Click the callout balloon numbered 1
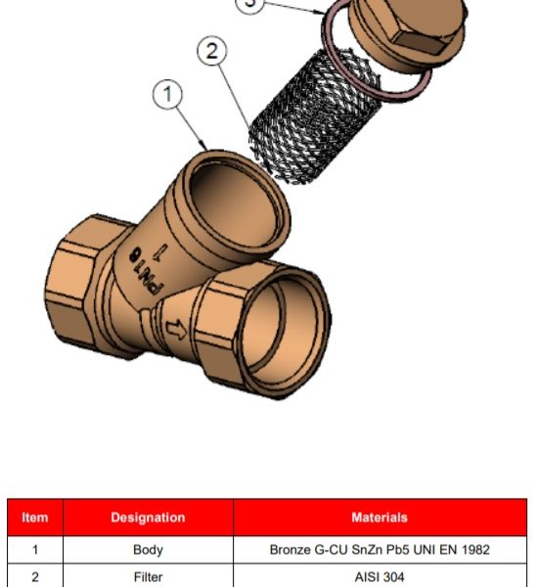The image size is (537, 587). click(167, 94)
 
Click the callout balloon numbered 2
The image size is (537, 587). click(212, 51)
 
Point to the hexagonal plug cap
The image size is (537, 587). click(408, 32)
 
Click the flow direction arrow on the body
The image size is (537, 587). click(176, 330)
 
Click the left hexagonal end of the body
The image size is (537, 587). click(76, 285)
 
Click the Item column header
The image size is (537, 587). click(35, 518)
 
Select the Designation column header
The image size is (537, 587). click(148, 518)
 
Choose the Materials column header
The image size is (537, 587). click(380, 518)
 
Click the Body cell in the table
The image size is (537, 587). click(148, 550)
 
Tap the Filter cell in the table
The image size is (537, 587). click(148, 577)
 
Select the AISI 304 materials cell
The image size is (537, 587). click(380, 577)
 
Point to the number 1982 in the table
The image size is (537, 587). click(475, 550)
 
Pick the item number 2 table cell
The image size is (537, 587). click(35, 577)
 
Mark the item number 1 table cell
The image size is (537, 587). click(35, 550)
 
